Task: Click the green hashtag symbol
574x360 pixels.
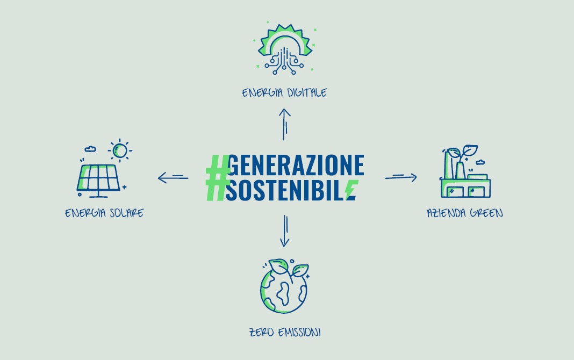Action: coord(218,178)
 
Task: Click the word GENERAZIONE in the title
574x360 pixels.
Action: coord(296,165)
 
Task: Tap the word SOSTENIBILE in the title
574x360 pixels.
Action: coord(291,190)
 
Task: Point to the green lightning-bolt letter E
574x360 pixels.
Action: coord(352,190)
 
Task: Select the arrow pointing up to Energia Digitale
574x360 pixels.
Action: coord(285,125)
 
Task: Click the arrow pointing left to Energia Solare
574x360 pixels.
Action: coord(173,178)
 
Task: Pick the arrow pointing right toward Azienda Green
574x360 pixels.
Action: coord(401,177)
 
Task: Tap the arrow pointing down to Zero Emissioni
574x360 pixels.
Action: coord(285,231)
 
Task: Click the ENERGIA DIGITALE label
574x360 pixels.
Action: coord(284,92)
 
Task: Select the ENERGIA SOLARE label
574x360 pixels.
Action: coord(104,213)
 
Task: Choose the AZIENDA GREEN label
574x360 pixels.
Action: coord(465,213)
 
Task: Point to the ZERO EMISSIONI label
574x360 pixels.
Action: coord(285,332)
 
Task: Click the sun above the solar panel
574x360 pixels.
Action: coord(120,150)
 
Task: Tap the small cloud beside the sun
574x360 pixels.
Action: coord(90,149)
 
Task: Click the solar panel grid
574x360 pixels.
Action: coord(98,178)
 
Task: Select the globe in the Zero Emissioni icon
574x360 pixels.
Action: coord(284,291)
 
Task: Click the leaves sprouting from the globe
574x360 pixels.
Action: coord(289,268)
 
